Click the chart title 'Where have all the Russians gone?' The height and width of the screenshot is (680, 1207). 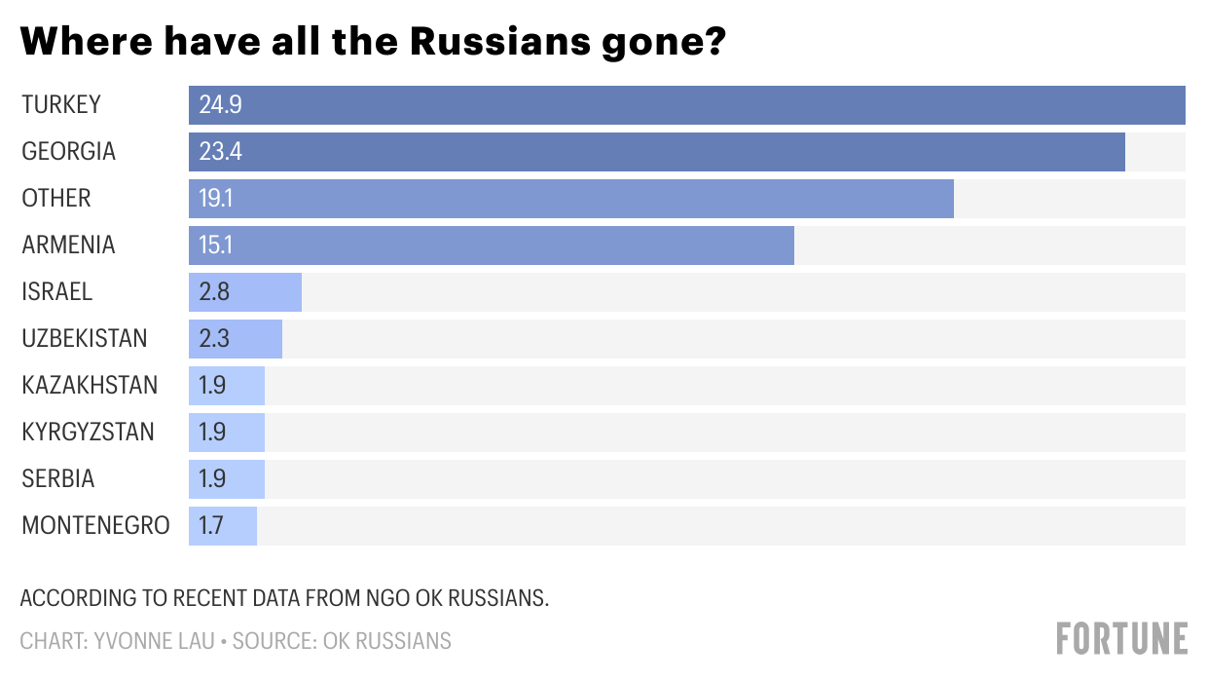[373, 42]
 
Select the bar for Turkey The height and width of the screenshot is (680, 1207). [686, 105]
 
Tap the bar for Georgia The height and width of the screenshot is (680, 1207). [657, 152]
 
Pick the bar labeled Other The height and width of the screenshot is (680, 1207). [571, 199]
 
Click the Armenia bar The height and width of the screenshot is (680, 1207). [492, 246]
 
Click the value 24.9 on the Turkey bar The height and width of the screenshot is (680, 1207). [220, 105]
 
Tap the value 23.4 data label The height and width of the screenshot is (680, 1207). [220, 152]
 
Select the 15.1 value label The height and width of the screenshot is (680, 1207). [216, 246]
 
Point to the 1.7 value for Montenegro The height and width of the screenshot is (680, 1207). [211, 526]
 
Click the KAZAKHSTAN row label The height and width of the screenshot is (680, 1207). [90, 386]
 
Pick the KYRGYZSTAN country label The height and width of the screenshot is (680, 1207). [88, 433]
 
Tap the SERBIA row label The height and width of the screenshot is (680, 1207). [58, 479]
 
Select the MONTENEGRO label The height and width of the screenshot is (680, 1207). [95, 526]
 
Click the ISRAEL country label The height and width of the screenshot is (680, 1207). [56, 292]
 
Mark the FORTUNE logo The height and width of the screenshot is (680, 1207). [1122, 638]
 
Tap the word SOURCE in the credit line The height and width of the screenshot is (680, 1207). [272, 641]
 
